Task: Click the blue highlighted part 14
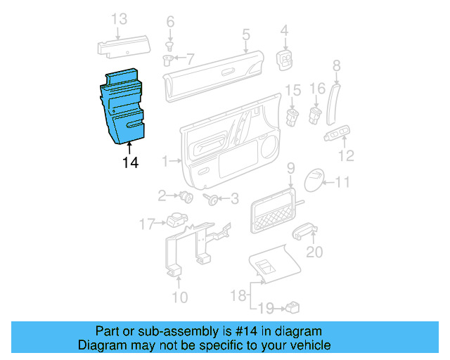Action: [x=122, y=105]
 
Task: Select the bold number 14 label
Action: [x=129, y=163]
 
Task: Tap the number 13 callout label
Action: [x=120, y=19]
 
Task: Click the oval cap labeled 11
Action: [x=316, y=181]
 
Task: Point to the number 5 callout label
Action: [x=246, y=34]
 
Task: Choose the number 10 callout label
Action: [x=179, y=297]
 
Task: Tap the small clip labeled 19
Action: [x=293, y=307]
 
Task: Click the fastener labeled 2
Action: [x=186, y=196]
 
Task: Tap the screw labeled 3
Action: [x=210, y=199]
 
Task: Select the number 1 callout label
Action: [x=165, y=162]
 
